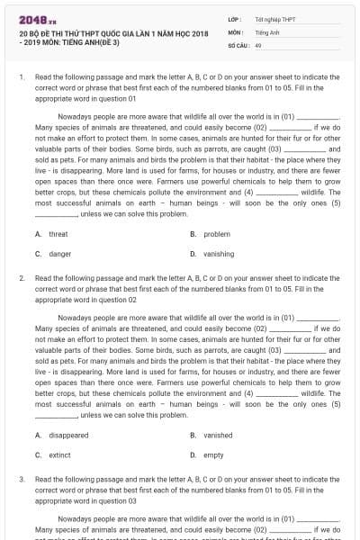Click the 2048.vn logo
coord(35,19)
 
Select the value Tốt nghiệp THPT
coord(275,19)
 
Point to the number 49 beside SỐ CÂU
coord(258,44)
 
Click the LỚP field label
coord(234,19)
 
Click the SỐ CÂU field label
coord(237,44)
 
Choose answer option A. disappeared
coord(62,435)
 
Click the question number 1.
coord(21,78)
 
